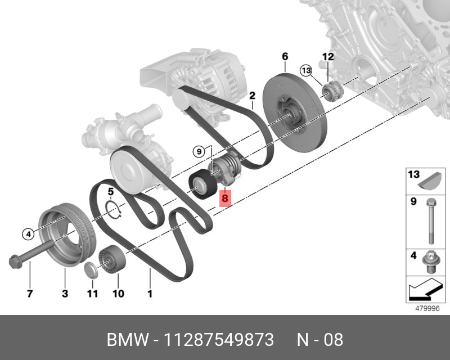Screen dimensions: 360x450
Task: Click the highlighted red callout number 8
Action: tap(225, 198)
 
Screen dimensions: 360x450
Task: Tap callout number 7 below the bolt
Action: tap(30, 293)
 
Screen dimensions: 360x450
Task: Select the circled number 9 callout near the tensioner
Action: tap(198, 150)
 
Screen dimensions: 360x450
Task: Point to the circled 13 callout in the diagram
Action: tap(305, 71)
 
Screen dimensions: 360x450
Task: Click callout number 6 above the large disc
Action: tap(285, 56)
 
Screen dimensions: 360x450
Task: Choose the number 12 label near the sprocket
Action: tap(328, 56)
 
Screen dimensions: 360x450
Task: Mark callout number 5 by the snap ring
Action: tap(111, 192)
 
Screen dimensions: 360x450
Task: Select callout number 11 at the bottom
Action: tap(92, 293)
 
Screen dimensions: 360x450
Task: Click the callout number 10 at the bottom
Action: tap(118, 293)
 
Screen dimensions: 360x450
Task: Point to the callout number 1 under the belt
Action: tap(150, 293)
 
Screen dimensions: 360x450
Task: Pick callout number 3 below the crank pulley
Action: tap(65, 293)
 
